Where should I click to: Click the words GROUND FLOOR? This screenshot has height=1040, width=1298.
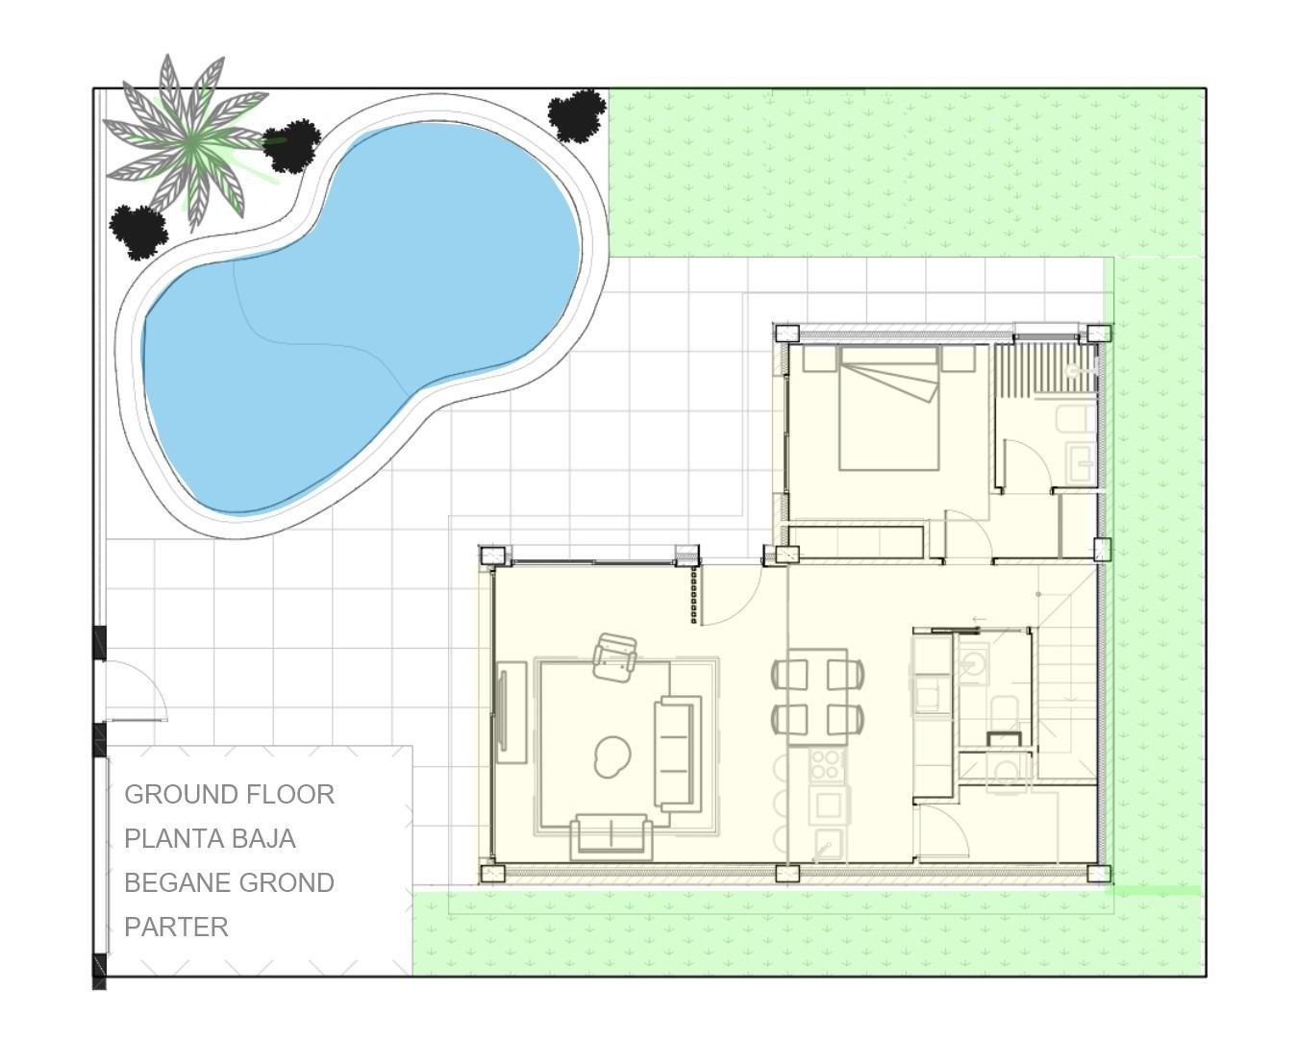pos(229,794)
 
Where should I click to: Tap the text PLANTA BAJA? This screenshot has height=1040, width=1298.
pos(210,838)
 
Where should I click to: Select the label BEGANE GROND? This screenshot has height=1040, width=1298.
pos(229,882)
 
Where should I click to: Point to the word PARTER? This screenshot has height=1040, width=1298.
pos(176,927)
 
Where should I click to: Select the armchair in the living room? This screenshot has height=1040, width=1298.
pos(615,657)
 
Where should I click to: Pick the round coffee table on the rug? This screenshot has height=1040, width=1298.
pos(612,755)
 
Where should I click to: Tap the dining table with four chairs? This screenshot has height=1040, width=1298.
pos(816,696)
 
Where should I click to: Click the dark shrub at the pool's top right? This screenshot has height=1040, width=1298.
pos(577,113)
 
